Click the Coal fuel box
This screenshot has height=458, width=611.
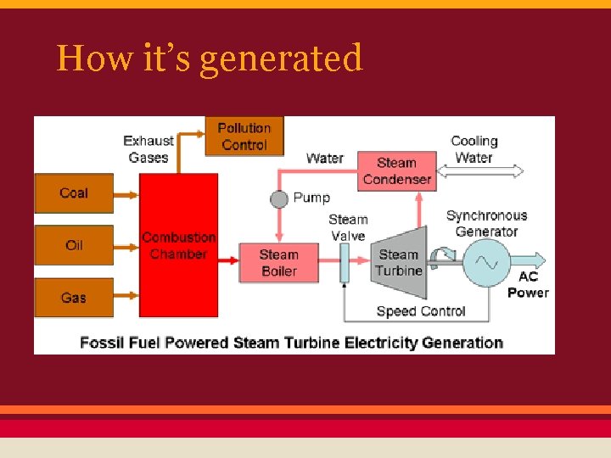(x=73, y=193)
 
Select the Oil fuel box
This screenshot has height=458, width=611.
(x=73, y=245)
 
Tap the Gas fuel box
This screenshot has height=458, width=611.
(x=73, y=298)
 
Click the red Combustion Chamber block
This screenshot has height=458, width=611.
(x=178, y=246)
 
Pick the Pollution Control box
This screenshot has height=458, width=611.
(x=244, y=137)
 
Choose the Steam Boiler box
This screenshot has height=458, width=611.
(x=278, y=263)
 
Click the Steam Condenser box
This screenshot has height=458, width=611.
(x=396, y=171)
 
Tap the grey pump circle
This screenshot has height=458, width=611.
(x=279, y=198)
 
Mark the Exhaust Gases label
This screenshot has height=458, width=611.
(x=149, y=148)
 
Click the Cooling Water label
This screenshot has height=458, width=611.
(x=474, y=149)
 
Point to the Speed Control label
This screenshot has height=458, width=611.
(x=421, y=311)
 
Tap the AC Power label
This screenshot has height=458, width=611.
(x=528, y=285)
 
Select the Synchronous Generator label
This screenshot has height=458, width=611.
(x=486, y=223)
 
